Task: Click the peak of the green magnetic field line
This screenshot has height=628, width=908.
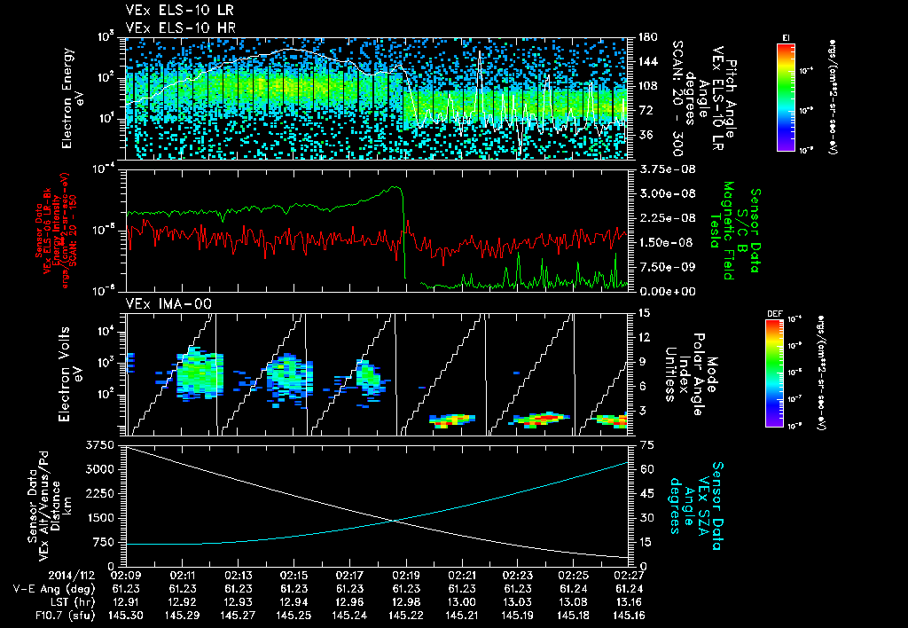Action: pyautogui.click(x=397, y=187)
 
